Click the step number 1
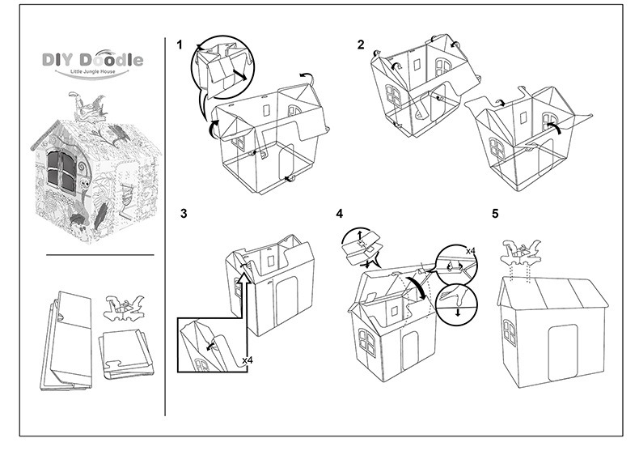coord(180,45)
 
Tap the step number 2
coord(361,45)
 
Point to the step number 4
coord(340,214)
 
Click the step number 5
coord(496,214)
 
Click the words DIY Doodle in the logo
coord(92,60)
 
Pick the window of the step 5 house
coord(510,331)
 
